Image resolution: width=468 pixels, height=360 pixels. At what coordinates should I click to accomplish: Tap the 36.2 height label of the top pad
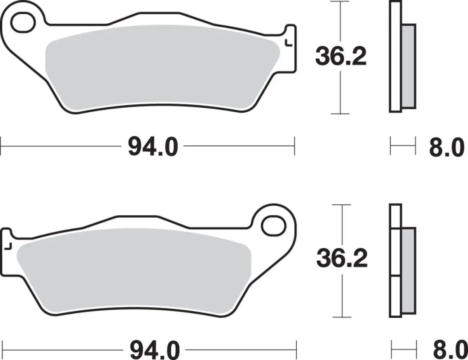click(341, 57)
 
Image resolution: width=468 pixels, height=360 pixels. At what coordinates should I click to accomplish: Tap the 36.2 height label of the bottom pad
click(342, 258)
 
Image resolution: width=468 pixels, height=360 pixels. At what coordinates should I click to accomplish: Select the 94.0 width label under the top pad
click(153, 147)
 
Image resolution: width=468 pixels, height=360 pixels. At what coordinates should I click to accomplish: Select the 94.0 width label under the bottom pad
click(154, 350)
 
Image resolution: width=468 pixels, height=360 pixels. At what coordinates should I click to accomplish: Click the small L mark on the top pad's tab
click(288, 43)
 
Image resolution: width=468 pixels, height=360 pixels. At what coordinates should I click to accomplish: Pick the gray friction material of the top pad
click(162, 68)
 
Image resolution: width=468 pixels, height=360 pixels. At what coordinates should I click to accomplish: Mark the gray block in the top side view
click(409, 66)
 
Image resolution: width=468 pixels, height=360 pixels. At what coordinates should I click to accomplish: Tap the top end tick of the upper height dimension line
click(340, 1)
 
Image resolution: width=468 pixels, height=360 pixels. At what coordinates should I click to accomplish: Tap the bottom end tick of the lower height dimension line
click(342, 317)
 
